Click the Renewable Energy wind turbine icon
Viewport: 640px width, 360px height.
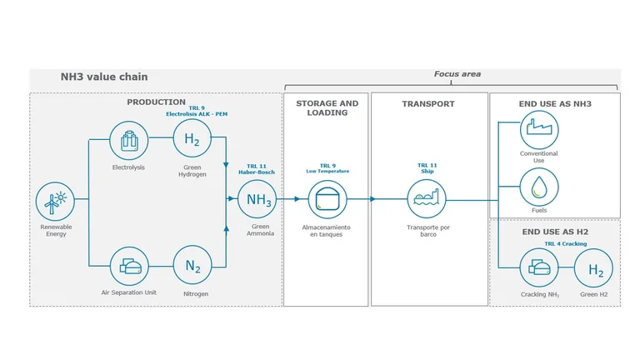click(55, 201)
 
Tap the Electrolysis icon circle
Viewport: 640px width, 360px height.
click(128, 140)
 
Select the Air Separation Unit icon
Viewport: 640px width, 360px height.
click(129, 266)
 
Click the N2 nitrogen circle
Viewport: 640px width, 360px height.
click(192, 265)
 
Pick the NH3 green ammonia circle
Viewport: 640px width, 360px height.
click(257, 199)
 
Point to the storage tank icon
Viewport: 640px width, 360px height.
click(327, 200)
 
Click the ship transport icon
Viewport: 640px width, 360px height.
click(427, 199)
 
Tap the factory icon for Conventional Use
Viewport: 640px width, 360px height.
click(539, 129)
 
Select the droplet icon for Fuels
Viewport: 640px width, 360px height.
click(539, 187)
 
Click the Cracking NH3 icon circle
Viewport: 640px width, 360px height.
click(539, 267)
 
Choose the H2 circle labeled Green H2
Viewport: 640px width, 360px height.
click(594, 268)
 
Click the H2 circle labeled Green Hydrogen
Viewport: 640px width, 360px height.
click(192, 138)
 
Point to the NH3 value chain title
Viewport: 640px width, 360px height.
click(104, 77)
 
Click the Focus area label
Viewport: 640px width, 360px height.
click(457, 74)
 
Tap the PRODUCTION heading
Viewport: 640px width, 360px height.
click(157, 102)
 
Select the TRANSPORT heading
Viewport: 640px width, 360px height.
click(428, 103)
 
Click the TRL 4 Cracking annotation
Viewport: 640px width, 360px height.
click(566, 243)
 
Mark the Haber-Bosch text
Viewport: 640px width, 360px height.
click(257, 172)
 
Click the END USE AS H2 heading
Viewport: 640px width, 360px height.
click(555, 232)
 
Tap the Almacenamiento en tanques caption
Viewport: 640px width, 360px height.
click(326, 231)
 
